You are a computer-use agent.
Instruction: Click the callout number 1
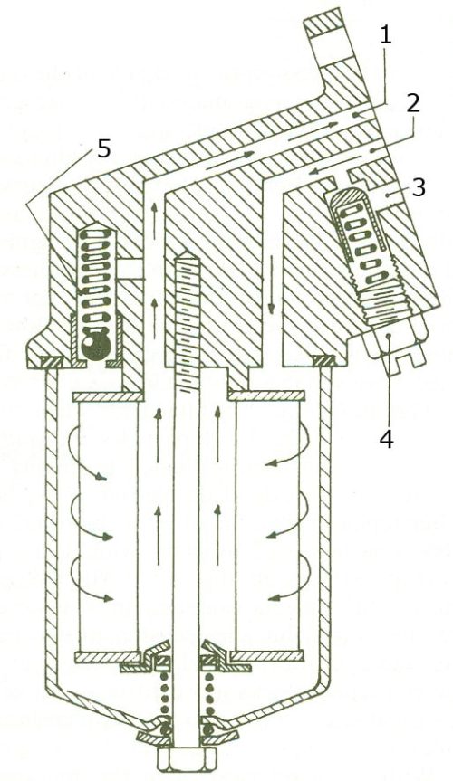pyautogui.click(x=385, y=35)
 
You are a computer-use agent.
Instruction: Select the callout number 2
pyautogui.click(x=413, y=103)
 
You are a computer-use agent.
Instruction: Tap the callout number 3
pyautogui.click(x=418, y=186)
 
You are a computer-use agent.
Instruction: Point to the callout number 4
pyautogui.click(x=387, y=437)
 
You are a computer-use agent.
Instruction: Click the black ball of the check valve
pyautogui.click(x=95, y=345)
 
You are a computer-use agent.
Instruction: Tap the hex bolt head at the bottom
pyautogui.click(x=187, y=758)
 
